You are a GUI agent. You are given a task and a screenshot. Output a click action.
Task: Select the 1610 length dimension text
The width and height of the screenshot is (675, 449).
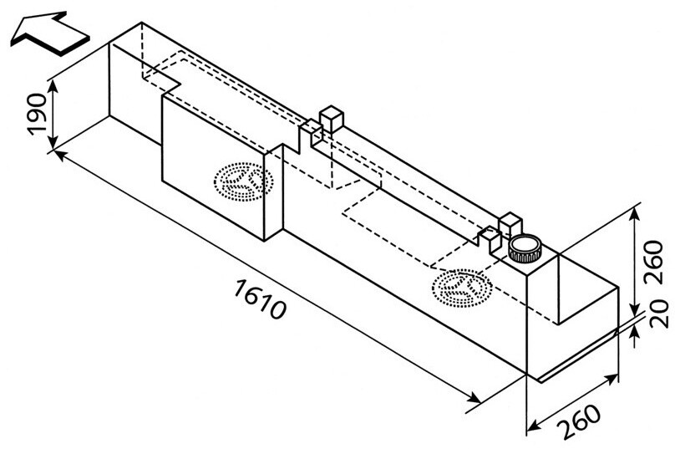(x=261, y=299)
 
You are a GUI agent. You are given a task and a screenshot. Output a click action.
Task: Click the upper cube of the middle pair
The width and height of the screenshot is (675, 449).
(x=332, y=118)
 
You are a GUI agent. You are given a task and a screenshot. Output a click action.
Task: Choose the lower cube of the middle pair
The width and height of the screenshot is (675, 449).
(x=312, y=130)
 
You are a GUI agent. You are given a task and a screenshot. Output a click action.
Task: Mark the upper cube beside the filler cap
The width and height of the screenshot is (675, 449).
(x=509, y=223)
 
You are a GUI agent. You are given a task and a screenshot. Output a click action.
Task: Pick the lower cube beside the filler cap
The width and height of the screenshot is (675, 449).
(x=490, y=235)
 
